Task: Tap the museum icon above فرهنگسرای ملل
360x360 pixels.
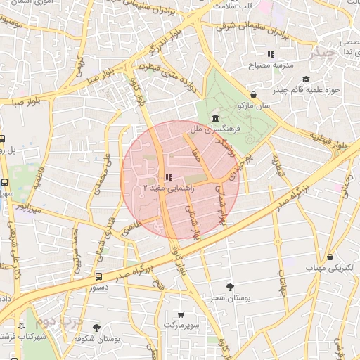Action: pyautogui.click(x=214, y=118)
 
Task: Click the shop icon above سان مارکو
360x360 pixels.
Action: pyautogui.click(x=253, y=94)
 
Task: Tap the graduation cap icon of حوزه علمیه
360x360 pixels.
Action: pyautogui.click(x=304, y=79)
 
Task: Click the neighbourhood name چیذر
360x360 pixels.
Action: pyautogui.click(x=326, y=53)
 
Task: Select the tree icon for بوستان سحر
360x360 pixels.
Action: pyautogui.click(x=230, y=286)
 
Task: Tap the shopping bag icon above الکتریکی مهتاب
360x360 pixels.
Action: pyautogui.click(x=330, y=257)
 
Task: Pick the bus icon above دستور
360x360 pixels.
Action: pyautogui.click(x=98, y=276)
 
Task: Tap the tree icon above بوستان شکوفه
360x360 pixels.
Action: pyautogui.click(x=96, y=328)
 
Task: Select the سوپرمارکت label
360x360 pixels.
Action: pyautogui.click(x=182, y=325)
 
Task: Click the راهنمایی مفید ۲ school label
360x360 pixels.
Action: pyautogui.click(x=165, y=188)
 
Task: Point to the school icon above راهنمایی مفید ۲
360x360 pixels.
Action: pyautogui.click(x=167, y=177)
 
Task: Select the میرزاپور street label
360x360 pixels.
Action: pyautogui.click(x=30, y=209)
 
